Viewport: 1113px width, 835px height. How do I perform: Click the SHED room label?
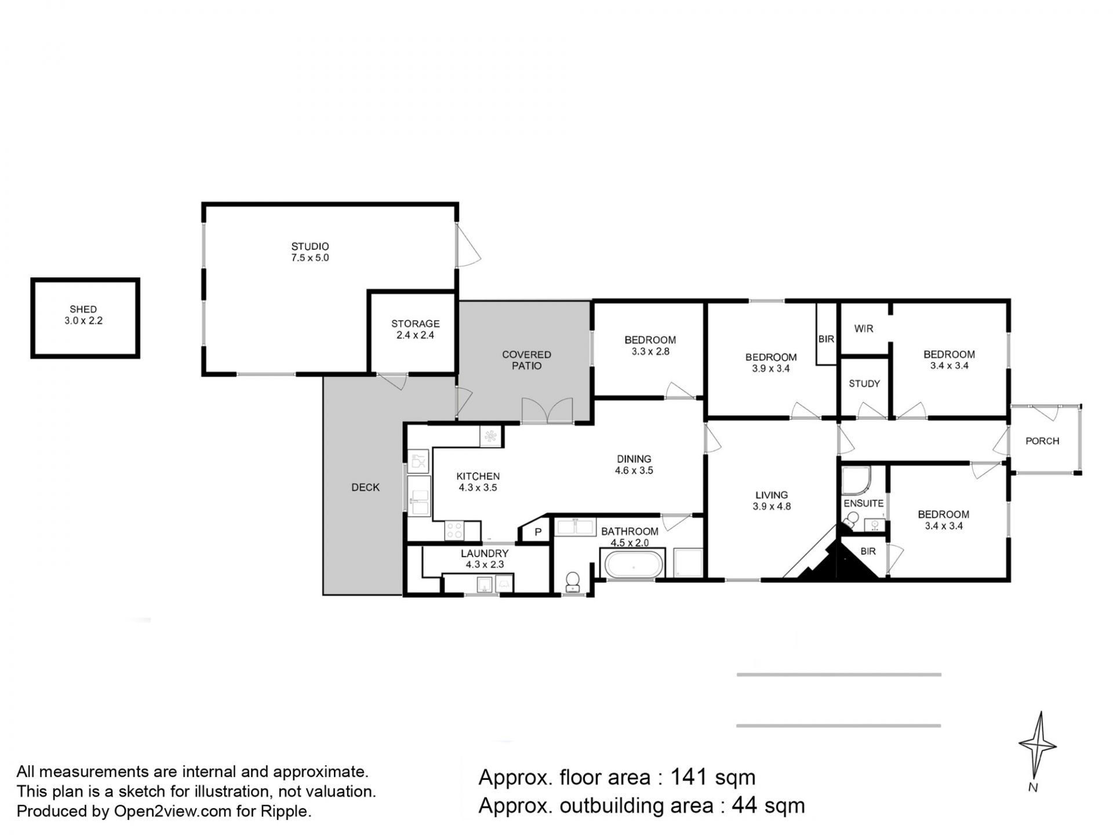pos(83,310)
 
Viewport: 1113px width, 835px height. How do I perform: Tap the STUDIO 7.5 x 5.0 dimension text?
pos(310,258)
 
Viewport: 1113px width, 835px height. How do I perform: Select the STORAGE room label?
pos(415,324)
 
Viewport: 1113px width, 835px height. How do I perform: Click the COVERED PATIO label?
pos(526,360)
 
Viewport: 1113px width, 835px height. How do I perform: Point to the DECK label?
pos(365,488)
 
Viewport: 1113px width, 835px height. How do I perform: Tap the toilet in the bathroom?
pos(573,582)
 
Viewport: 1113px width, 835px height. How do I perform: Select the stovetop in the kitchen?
pos(454,531)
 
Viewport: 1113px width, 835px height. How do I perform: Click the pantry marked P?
pos(537,532)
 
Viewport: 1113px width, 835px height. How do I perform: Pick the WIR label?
pos(864,329)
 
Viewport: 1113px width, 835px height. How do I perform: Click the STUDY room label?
pos(864,384)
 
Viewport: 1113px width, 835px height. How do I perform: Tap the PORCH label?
pos(1042,441)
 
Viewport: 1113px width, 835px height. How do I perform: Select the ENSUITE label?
pos(864,503)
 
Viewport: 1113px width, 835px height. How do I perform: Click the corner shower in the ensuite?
pos(856,480)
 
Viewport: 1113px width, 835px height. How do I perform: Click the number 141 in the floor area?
pos(689,777)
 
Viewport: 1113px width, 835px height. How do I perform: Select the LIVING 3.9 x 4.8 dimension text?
pos(772,506)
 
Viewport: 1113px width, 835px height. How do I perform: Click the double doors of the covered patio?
pos(547,411)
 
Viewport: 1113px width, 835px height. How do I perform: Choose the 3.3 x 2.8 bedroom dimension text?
pos(650,351)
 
